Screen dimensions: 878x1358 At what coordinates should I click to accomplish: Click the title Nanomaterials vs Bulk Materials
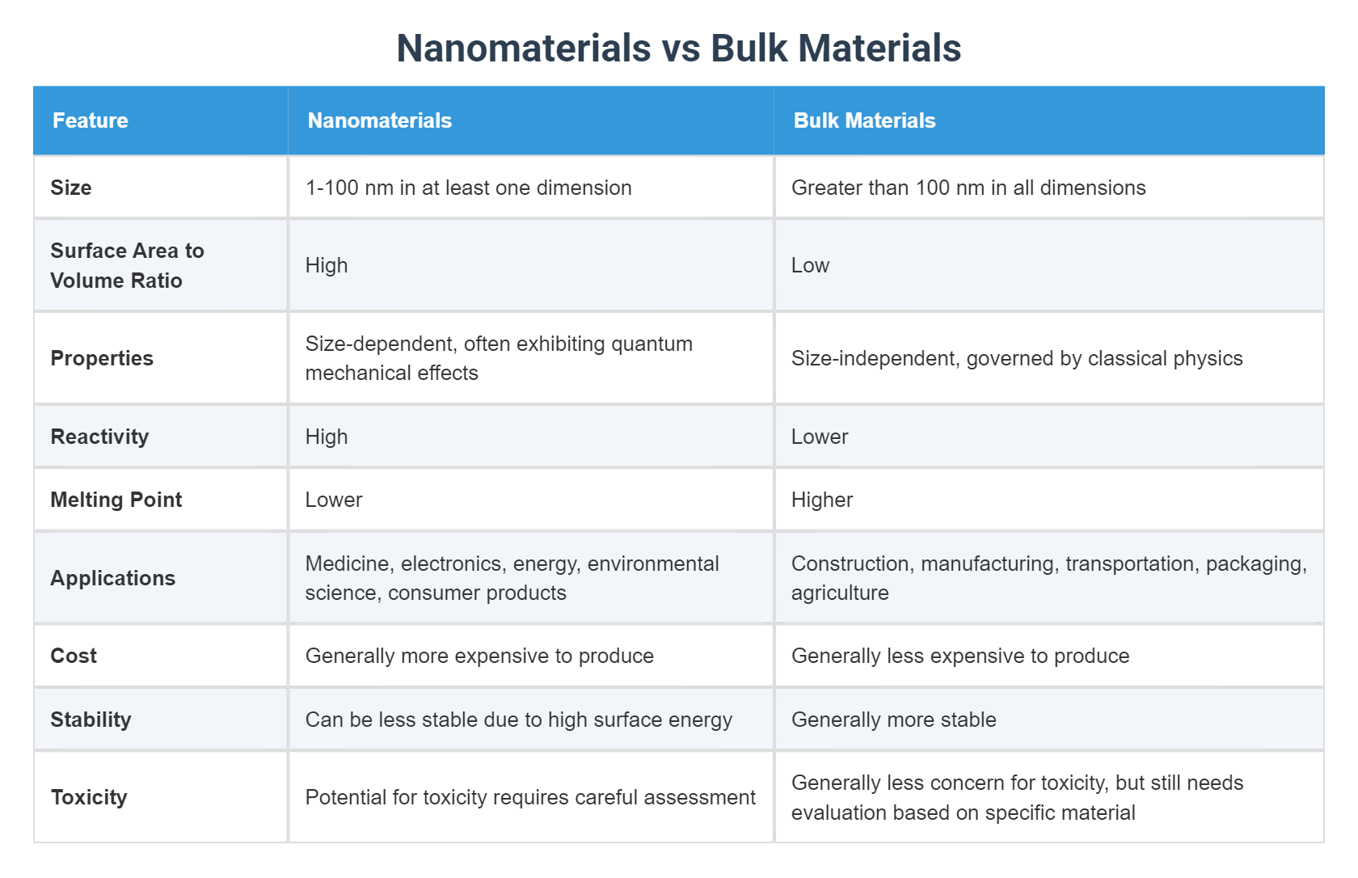pyautogui.click(x=678, y=48)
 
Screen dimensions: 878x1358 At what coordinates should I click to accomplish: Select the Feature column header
pyautogui.click(x=91, y=120)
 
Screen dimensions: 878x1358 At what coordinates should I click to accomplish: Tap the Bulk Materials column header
pyautogui.click(x=864, y=120)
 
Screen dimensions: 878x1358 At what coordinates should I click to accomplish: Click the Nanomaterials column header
pyautogui.click(x=379, y=120)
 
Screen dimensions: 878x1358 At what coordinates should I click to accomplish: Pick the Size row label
pyautogui.click(x=71, y=188)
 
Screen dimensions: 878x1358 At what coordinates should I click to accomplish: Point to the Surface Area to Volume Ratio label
pyautogui.click(x=127, y=265)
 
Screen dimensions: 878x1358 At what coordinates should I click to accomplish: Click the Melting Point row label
pyautogui.click(x=116, y=500)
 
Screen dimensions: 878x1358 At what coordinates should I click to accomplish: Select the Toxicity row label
pyautogui.click(x=89, y=797)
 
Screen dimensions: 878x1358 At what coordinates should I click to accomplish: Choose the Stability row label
pyautogui.click(x=91, y=720)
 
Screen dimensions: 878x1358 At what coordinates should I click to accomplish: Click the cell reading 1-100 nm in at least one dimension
pyautogui.click(x=468, y=188)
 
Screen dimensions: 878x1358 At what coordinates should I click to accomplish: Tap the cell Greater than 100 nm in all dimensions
pyautogui.click(x=968, y=188)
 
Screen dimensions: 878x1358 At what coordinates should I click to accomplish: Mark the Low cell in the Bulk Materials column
pyautogui.click(x=810, y=265)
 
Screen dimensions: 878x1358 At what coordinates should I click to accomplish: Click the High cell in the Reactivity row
pyautogui.click(x=327, y=437)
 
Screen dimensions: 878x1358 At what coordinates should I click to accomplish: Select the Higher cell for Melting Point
pyautogui.click(x=822, y=500)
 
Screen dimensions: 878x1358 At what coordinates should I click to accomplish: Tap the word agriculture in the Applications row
pyautogui.click(x=840, y=593)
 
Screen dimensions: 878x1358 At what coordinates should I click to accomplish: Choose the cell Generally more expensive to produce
pyautogui.click(x=479, y=656)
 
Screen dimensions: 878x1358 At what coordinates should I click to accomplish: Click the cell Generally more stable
pyautogui.click(x=893, y=720)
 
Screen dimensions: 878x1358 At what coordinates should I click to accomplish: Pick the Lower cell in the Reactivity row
pyautogui.click(x=820, y=437)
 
